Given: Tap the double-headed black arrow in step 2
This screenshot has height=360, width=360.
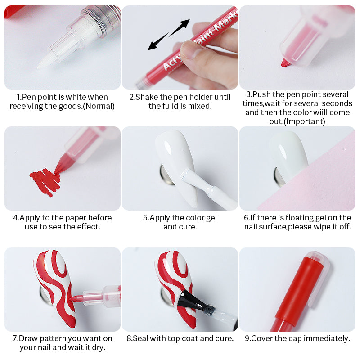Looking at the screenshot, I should pos(168,34).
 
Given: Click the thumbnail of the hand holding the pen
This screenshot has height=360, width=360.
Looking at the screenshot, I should pos(180,47).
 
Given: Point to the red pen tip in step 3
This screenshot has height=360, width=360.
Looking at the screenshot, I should pos(284,63).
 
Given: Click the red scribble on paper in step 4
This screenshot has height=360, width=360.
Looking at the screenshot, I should pos(45,180).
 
